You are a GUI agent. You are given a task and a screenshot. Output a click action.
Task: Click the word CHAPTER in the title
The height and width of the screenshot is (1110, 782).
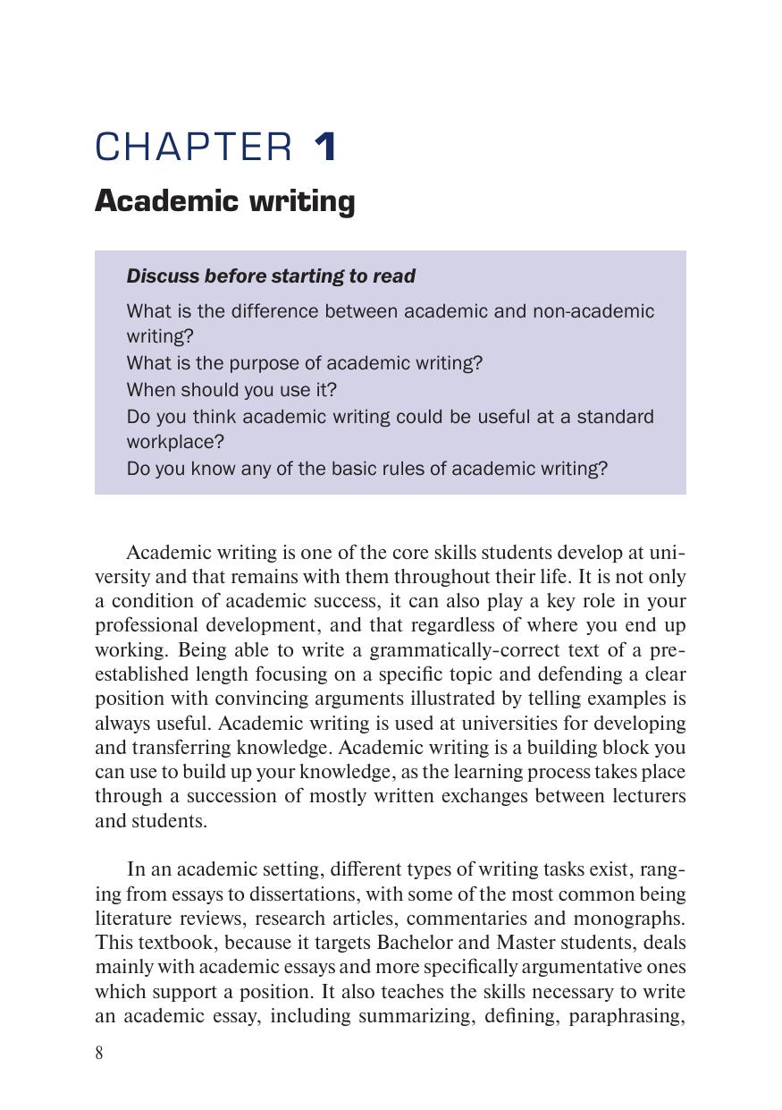click(193, 148)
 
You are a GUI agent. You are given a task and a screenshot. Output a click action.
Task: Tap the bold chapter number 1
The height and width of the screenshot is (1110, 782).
click(325, 148)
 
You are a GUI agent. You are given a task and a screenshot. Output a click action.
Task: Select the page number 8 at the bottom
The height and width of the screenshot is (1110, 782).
click(99, 1053)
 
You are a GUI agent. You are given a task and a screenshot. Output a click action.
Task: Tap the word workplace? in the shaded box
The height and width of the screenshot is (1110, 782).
click(175, 442)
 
